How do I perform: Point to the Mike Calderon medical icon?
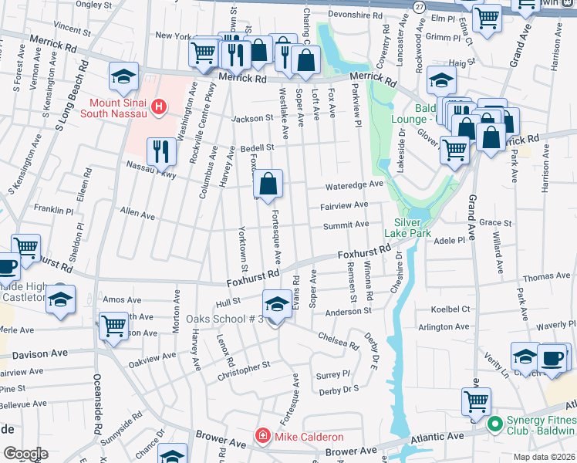pyautogui.click(x=263, y=436)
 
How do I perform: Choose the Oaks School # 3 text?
pyautogui.click(x=224, y=319)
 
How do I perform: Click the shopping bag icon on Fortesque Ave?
pyautogui.click(x=268, y=184)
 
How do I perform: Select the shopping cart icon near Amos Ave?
pyautogui.click(x=114, y=325)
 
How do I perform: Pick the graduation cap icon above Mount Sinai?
pyautogui.click(x=123, y=76)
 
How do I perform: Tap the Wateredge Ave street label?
pyautogui.click(x=354, y=185)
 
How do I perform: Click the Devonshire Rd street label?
pyautogui.click(x=355, y=15)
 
